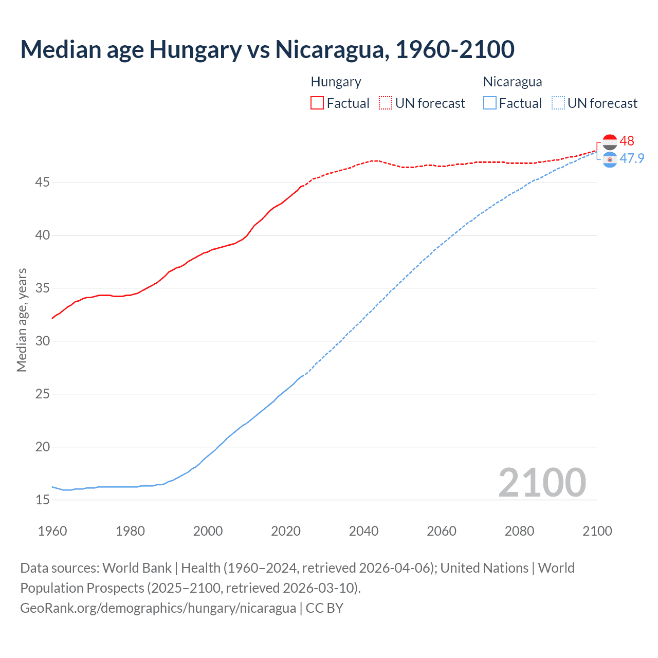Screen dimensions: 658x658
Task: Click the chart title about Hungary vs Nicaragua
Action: point(267,49)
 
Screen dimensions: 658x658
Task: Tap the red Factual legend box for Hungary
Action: point(317,103)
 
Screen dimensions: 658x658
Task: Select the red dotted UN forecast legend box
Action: point(386,103)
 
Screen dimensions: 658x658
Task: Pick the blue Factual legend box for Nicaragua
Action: point(490,103)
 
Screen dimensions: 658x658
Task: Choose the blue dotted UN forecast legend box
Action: point(558,103)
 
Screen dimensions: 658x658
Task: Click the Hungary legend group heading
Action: point(336,82)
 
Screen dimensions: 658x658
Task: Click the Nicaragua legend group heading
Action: point(513,82)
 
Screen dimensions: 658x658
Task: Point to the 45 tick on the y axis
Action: point(43,182)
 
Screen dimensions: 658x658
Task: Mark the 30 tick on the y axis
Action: point(43,341)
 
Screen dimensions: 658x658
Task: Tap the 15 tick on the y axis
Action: point(43,500)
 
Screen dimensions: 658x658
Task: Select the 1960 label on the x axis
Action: point(52,531)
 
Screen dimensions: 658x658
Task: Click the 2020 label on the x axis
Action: point(286,531)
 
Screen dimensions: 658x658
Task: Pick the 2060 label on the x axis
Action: point(442,531)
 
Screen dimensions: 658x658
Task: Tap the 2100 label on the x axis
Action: point(597,531)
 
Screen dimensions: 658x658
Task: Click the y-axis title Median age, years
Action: point(22,320)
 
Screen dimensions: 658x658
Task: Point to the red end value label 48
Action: point(627,141)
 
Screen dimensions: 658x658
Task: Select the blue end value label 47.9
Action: point(632,158)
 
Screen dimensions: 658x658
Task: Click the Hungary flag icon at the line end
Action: point(610,142)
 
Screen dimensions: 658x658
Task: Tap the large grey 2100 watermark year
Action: point(542,482)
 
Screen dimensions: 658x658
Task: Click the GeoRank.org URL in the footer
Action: point(158,608)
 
